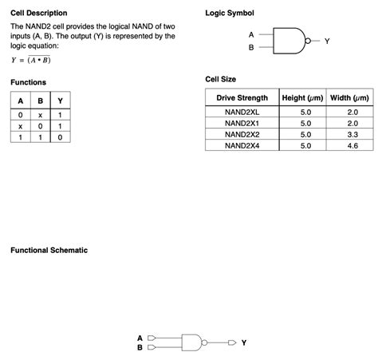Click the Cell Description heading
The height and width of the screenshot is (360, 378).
pos(38,14)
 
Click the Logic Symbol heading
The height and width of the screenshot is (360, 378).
pos(230,14)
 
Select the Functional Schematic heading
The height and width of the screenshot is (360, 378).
pos(49,251)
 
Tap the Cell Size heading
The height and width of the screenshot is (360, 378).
pos(221,79)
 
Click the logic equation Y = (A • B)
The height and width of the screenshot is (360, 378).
pos(31,60)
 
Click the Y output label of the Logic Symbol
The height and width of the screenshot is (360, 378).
pos(326,41)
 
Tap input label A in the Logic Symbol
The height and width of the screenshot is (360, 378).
pos(251,34)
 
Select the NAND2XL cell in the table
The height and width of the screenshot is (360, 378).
pos(242,113)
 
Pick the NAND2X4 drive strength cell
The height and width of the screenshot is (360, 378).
pos(242,146)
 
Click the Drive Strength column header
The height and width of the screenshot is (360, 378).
pos(242,98)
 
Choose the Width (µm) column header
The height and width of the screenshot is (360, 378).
pos(349,98)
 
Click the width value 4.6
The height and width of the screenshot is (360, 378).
pos(352,146)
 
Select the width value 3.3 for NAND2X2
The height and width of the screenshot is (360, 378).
pos(352,135)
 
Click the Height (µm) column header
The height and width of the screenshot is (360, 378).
pos(303,98)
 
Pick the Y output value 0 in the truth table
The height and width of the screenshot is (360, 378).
pos(60,137)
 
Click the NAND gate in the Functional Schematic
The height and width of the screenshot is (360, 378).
pos(192,341)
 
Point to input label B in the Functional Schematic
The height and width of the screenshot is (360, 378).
pos(140,347)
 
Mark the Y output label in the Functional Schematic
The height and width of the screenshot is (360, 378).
pos(243,342)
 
